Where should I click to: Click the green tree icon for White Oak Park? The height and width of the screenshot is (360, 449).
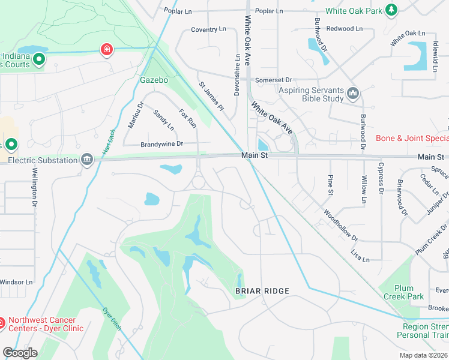tap(391, 10)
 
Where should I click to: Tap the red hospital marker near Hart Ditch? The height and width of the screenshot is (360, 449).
tap(107, 49)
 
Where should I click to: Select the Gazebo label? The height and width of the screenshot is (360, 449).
tap(154, 80)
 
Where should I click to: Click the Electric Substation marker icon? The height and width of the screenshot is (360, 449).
tap(88, 159)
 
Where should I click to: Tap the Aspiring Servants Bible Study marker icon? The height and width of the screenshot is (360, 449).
tap(352, 94)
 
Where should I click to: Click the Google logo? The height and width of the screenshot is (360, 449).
tap(20, 353)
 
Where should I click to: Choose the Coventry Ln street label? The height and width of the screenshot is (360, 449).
tap(208, 29)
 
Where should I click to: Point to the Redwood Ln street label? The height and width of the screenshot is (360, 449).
tap(345, 28)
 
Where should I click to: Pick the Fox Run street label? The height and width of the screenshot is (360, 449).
tap(188, 118)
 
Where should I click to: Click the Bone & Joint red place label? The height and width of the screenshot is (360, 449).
tap(412, 138)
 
